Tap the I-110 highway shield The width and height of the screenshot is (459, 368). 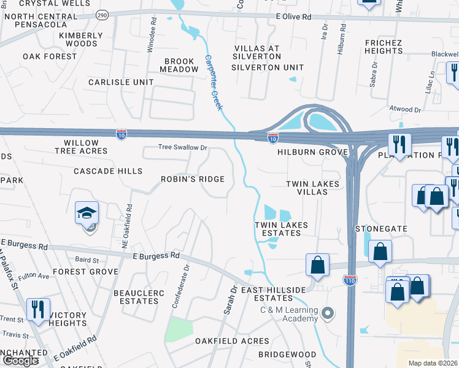pyautogui.click(x=350, y=280)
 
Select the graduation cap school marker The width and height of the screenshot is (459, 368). pyautogui.click(x=87, y=213)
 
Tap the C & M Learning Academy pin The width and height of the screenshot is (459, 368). pyautogui.click(x=328, y=313)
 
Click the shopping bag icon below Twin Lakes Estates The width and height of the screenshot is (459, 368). pyautogui.click(x=318, y=265)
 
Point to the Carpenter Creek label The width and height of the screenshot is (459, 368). pyautogui.click(x=213, y=82)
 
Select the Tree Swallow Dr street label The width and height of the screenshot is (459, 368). pyautogui.click(x=183, y=147)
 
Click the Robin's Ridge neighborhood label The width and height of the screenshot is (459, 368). pyautogui.click(x=192, y=179)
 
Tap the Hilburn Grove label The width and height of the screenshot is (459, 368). pyautogui.click(x=312, y=152)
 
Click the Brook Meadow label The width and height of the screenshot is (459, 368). pyautogui.click(x=179, y=66)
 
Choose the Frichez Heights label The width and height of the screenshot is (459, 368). pyautogui.click(x=382, y=47)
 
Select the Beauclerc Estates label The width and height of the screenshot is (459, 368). pyautogui.click(x=139, y=297)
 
